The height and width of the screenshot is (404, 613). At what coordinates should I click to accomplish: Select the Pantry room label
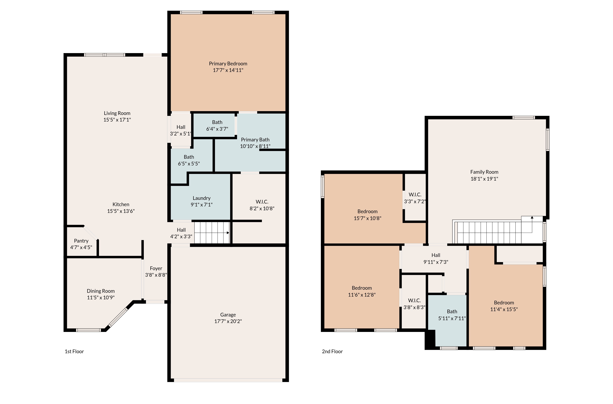pyautogui.click(x=81, y=241)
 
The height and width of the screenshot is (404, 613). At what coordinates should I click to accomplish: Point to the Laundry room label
pyautogui.click(x=202, y=198)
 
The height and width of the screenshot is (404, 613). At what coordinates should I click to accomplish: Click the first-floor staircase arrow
pyautogui.click(x=228, y=233)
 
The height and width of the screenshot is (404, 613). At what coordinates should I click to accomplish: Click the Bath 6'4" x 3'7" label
pyautogui.click(x=217, y=122)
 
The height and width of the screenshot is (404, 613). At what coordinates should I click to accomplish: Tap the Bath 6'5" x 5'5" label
pyautogui.click(x=189, y=157)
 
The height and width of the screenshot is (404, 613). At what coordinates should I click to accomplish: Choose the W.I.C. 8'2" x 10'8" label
pyautogui.click(x=262, y=202)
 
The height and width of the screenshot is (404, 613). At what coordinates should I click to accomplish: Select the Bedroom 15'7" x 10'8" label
pyautogui.click(x=367, y=211)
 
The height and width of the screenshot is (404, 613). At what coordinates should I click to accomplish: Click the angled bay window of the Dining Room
pyautogui.click(x=118, y=317)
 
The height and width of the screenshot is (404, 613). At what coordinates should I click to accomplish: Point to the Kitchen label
pyautogui.click(x=121, y=204)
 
